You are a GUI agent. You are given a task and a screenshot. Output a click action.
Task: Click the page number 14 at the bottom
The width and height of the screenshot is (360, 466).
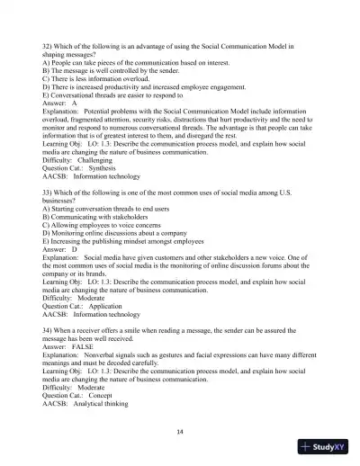180,431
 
